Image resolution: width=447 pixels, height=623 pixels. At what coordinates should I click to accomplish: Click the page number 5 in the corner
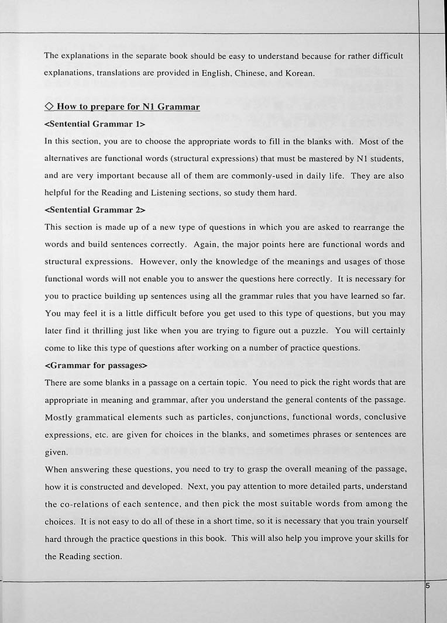(428, 586)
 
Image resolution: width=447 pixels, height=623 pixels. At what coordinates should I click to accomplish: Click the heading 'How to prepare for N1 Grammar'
(128, 106)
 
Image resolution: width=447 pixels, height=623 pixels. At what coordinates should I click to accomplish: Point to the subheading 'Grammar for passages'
(96, 365)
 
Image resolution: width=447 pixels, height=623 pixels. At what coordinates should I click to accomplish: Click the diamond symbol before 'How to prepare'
(49, 106)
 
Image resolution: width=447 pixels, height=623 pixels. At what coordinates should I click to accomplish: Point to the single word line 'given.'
(56, 452)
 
